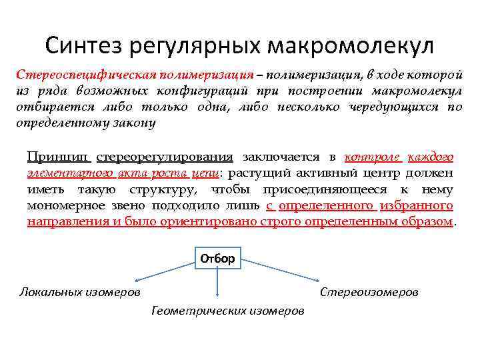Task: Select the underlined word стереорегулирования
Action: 165,157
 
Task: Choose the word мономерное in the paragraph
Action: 61,206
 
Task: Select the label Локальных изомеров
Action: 79,291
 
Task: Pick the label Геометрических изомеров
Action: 227,311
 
